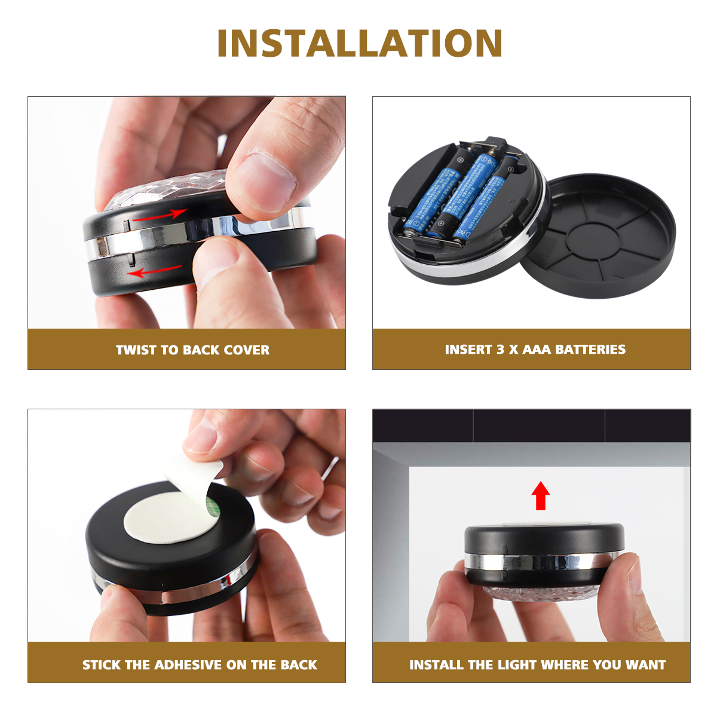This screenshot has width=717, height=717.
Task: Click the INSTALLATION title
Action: [359, 44]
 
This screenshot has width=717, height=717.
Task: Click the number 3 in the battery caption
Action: [500, 350]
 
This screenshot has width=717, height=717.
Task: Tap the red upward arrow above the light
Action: [541, 495]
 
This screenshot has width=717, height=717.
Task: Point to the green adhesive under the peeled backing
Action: [210, 505]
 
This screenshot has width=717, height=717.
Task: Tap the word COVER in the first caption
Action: [246, 350]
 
